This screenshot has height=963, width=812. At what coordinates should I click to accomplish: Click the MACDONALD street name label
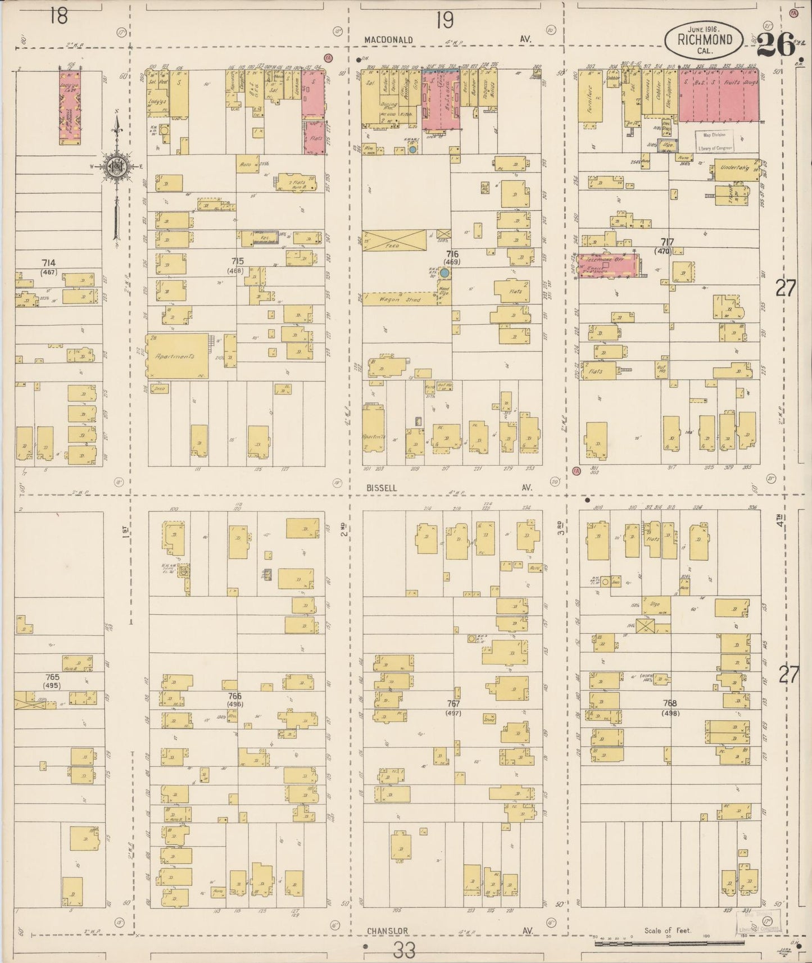(x=388, y=40)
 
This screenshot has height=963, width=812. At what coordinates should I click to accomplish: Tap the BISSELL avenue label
(x=382, y=488)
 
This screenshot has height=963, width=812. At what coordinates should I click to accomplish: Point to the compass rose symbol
(x=116, y=166)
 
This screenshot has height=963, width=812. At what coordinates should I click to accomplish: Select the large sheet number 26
(x=775, y=45)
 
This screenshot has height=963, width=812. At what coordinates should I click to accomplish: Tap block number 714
(x=48, y=262)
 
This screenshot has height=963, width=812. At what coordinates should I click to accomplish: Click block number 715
(x=237, y=261)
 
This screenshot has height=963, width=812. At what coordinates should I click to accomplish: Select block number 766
(x=235, y=696)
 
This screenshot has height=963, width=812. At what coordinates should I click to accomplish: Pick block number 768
(x=669, y=703)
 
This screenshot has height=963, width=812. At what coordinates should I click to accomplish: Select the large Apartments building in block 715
(x=177, y=356)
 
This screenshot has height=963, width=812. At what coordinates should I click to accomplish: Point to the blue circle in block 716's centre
(x=444, y=272)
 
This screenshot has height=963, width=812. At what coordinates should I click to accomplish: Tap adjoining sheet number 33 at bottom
(x=405, y=951)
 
